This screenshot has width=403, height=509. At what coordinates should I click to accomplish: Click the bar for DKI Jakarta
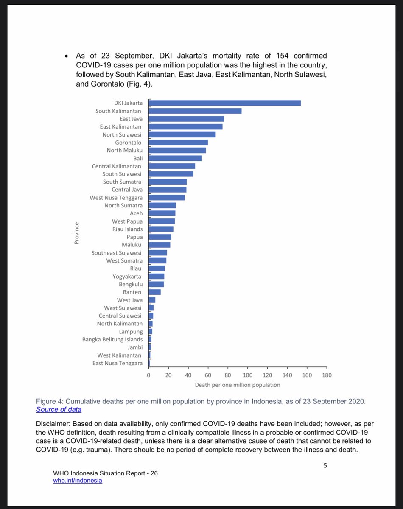click(224, 103)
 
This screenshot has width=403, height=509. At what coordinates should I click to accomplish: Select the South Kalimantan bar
click(195, 111)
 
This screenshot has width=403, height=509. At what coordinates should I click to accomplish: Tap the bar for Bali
click(175, 158)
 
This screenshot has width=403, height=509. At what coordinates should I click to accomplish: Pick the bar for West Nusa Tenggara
click(166, 198)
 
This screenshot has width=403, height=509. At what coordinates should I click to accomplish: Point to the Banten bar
click(154, 292)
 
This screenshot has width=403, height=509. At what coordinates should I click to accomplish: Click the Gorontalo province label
click(128, 143)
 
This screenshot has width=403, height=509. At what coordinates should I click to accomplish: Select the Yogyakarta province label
click(127, 277)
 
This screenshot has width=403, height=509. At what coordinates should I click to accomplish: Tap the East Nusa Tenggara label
click(118, 363)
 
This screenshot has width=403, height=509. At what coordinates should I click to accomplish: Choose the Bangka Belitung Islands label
click(112, 339)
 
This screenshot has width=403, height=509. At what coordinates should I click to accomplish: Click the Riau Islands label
click(127, 229)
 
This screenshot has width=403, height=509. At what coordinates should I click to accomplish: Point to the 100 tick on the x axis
click(247, 375)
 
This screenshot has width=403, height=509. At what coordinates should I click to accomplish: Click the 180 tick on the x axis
click(327, 375)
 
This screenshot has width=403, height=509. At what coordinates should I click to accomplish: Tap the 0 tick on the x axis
click(148, 375)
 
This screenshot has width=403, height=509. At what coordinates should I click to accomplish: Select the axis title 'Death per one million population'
click(238, 385)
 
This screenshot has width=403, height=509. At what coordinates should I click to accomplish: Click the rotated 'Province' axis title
click(77, 233)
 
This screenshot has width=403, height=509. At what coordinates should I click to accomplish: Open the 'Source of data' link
click(59, 409)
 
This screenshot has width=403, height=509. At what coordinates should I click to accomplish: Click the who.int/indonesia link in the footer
click(78, 481)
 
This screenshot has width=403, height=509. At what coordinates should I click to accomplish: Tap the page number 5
click(325, 465)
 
